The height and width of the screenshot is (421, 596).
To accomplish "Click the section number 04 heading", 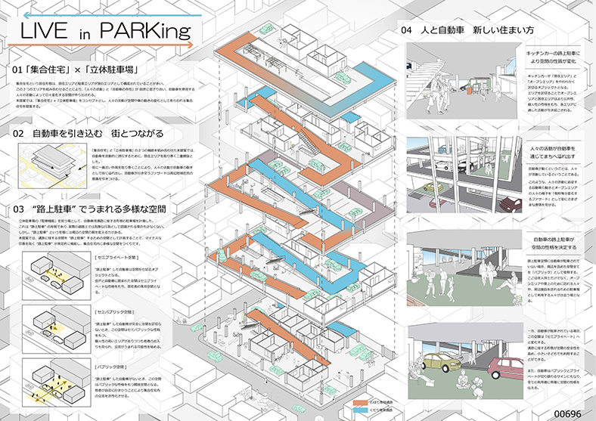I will (x=407, y=31).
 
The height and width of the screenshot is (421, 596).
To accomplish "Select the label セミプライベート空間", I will (x=118, y=258).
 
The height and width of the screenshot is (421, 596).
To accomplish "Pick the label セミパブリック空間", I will (x=116, y=311).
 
